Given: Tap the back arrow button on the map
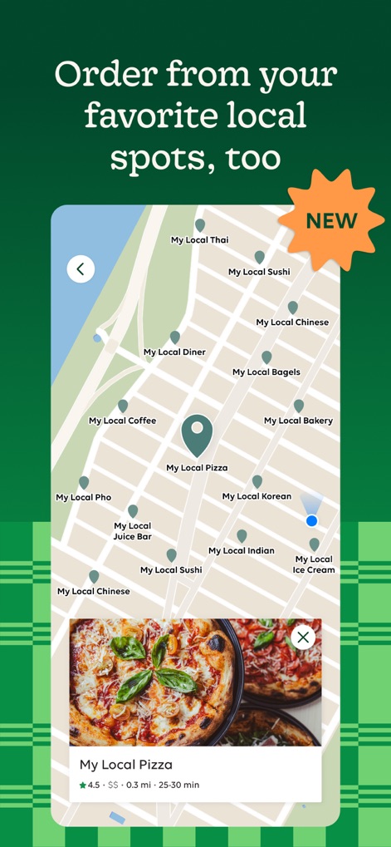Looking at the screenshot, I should tap(81, 268).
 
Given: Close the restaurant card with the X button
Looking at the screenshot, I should tap(303, 638).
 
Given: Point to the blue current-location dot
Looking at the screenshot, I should tap(311, 520).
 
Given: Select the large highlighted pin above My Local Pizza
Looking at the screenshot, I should tap(197, 435).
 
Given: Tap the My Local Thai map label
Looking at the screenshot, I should tap(199, 240).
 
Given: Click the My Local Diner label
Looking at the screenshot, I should tap(174, 352).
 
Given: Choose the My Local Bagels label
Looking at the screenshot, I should tap(266, 372).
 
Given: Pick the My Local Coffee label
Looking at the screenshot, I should tap(123, 421).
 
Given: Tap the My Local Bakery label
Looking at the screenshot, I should tap(298, 421).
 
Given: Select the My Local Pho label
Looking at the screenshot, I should tap(83, 497).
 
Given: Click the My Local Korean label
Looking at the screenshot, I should tap(257, 496).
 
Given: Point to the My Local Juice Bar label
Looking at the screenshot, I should tap(133, 531).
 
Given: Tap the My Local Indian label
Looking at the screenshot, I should tap(242, 550).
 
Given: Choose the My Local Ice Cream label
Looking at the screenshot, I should tap(314, 564).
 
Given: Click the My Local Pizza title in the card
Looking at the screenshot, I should tap(126, 764).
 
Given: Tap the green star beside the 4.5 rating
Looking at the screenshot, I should tap(83, 785).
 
